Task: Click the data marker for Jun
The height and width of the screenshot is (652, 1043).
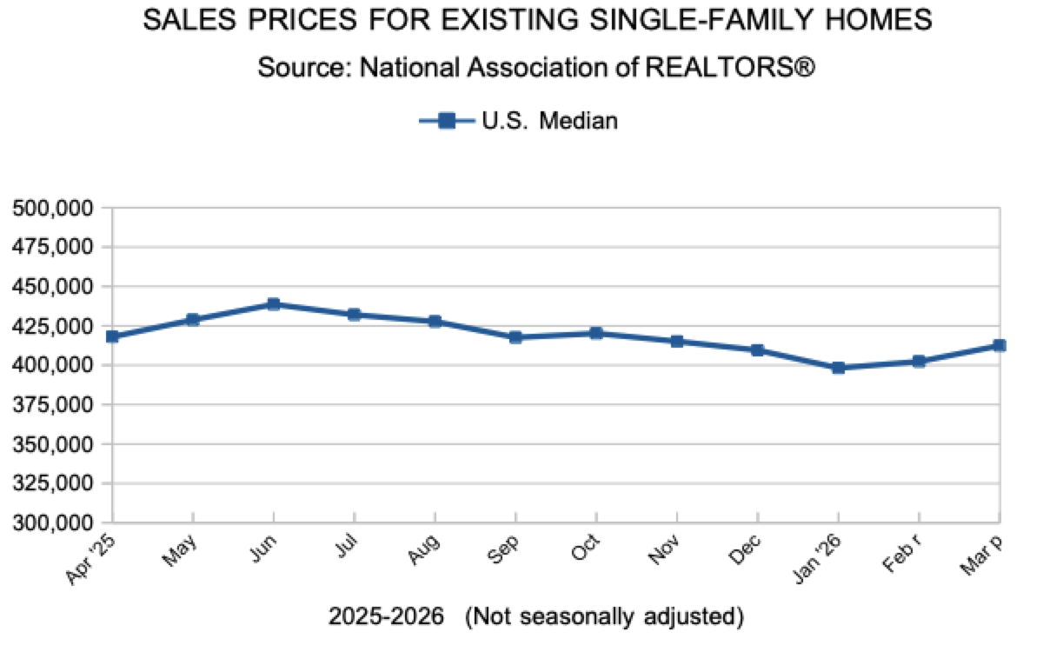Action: (274, 304)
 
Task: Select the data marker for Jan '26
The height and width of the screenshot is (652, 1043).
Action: (838, 368)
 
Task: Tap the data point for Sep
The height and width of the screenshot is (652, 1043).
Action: (515, 337)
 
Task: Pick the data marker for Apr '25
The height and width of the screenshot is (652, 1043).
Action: (112, 336)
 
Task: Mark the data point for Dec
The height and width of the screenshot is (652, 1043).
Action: (757, 350)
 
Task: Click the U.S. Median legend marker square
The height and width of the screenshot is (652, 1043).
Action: (447, 121)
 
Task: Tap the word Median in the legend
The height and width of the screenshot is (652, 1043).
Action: (579, 121)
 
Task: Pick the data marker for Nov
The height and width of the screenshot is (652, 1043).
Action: (677, 342)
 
